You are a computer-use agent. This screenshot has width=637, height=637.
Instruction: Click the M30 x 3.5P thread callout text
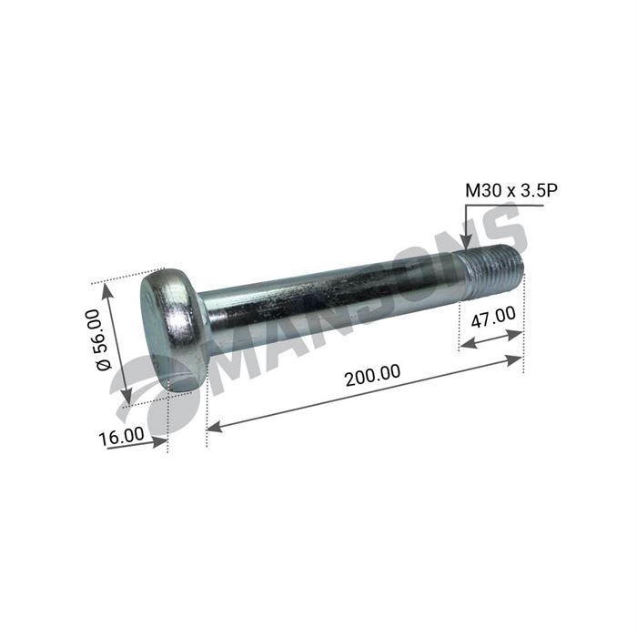click(511, 190)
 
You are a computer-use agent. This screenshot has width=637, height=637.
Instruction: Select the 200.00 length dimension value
click(372, 375)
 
